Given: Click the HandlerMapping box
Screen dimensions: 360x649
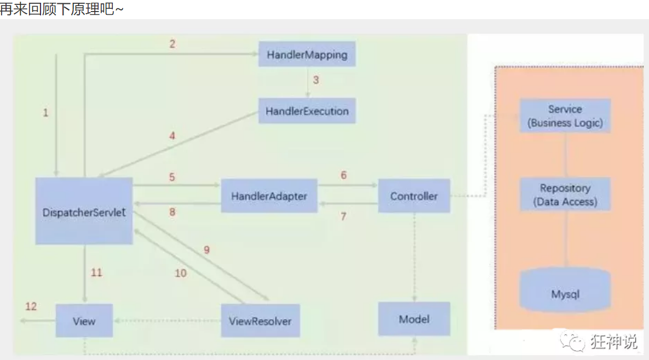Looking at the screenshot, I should [x=307, y=55].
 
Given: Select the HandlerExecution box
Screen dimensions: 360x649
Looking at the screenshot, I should [x=307, y=111].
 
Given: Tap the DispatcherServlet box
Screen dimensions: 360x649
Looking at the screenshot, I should [x=84, y=211].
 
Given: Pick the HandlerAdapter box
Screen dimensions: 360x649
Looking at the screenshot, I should [x=269, y=196].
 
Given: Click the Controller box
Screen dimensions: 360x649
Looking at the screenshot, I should [x=414, y=196].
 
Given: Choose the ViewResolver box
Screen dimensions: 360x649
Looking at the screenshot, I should [x=261, y=321].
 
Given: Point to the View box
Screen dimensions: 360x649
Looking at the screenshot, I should [x=84, y=321].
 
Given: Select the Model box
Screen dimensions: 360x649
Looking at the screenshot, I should [x=414, y=319].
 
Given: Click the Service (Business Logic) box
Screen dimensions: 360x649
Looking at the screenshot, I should [x=565, y=116].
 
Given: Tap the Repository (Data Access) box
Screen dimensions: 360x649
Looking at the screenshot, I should [x=565, y=195].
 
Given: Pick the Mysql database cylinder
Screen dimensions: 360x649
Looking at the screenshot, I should [x=565, y=293].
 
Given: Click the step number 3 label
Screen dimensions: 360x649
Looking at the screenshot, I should [x=316, y=80].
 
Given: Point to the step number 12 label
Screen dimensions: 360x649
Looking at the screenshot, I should [x=31, y=306].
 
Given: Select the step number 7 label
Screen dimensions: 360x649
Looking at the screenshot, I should [x=343, y=216].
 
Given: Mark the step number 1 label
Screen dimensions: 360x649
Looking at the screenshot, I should [x=45, y=113].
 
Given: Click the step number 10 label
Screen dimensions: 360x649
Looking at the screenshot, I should [x=181, y=273].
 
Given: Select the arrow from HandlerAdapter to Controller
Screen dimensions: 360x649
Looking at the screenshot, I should [x=348, y=186].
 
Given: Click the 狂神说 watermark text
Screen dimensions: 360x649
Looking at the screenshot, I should [x=614, y=342].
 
